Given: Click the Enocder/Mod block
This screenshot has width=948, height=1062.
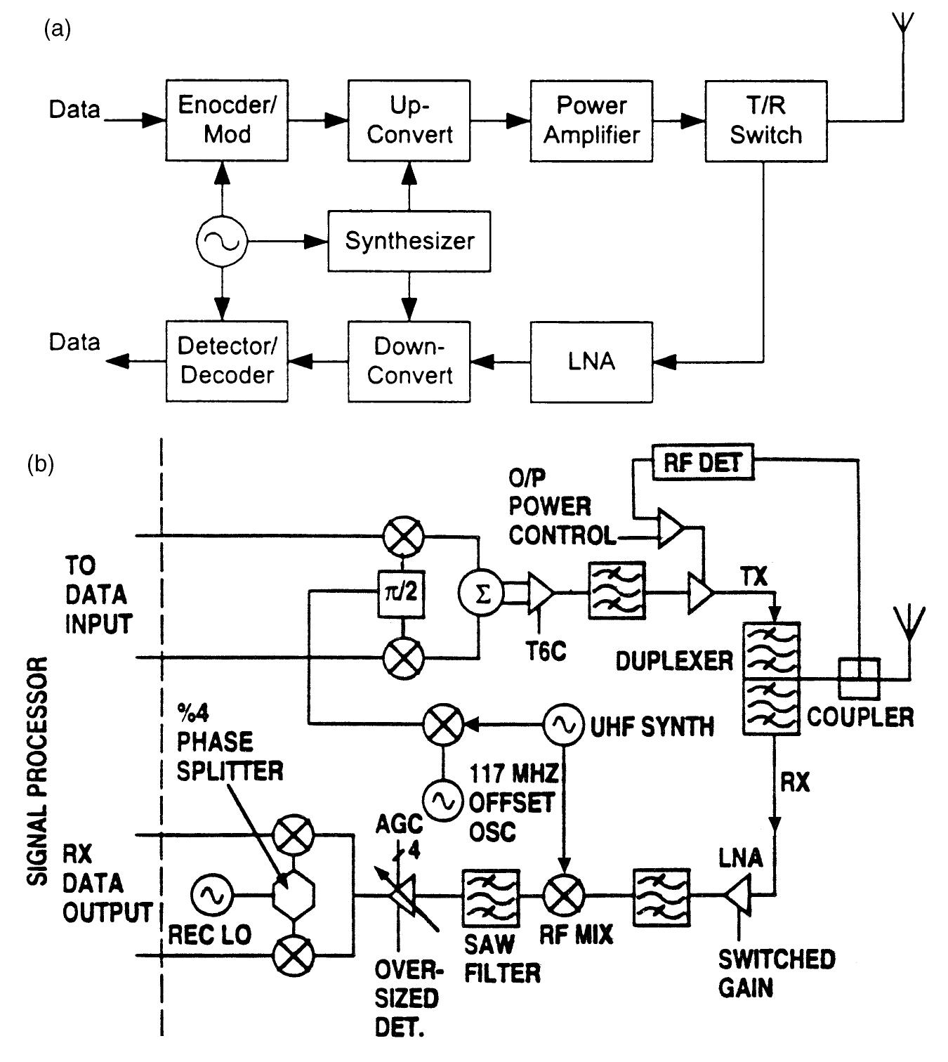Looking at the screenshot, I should tap(227, 120).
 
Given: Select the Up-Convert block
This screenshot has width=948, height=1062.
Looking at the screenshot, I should tap(409, 120).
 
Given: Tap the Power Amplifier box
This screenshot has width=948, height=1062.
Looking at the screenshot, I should tap(591, 120).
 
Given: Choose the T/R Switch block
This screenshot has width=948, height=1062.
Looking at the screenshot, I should tap(765, 120).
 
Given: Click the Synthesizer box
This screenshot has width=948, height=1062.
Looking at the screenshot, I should tap(409, 241).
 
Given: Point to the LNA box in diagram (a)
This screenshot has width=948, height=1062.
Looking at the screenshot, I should tap(591, 362).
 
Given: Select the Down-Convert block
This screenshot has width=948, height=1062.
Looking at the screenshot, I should tap(409, 362).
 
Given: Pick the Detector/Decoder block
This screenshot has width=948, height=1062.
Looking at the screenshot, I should tap(227, 362).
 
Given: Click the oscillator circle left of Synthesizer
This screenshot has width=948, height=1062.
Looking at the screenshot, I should tap(221, 242).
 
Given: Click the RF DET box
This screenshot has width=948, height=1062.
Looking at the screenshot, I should tap(703, 462).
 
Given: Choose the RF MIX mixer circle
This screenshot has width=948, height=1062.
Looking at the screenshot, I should tap(563, 896).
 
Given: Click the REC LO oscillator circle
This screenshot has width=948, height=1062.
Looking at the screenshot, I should tap(210, 895).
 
